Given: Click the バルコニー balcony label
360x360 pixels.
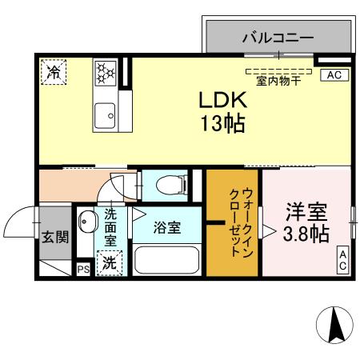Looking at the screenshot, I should [278, 37].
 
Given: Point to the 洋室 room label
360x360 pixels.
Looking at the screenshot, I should [306, 214].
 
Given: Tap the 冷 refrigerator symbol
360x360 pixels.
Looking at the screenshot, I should [54, 72].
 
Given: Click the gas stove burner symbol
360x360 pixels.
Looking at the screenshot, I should [105, 73].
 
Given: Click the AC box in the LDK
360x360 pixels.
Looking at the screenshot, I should [333, 75].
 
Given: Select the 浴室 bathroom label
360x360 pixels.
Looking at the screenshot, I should [166, 226].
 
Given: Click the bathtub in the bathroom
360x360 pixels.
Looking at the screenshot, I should [167, 261].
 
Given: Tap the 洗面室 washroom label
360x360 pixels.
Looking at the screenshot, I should [111, 227].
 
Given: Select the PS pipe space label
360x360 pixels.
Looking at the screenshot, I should [82, 270].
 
